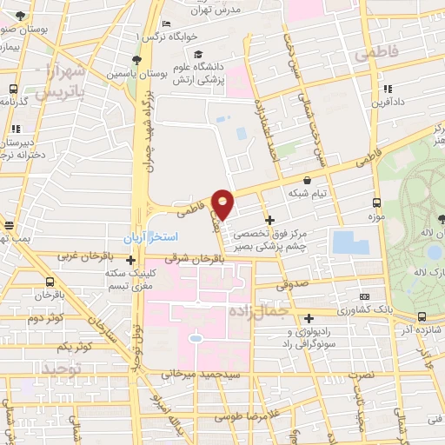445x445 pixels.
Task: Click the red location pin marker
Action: click(223, 203)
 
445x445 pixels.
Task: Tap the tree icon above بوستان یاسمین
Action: click(136, 59)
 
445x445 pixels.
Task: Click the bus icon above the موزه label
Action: click(376, 197)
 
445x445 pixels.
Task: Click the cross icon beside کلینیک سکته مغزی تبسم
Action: click(130, 259)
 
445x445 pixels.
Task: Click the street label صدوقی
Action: click(291, 283)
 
